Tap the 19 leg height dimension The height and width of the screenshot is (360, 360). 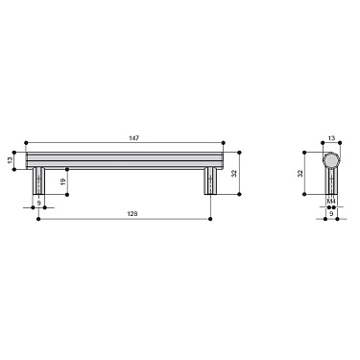[x=61, y=180]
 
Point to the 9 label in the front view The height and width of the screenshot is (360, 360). [x=37, y=203]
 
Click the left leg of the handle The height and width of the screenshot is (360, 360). [x=37, y=181]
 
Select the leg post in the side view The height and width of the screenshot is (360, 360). [x=331, y=183]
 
